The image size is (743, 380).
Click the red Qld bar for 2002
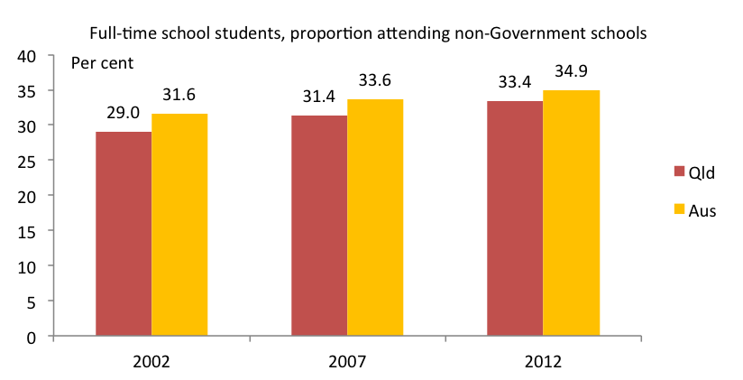point(123,235)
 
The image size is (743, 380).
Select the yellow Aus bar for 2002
point(179,226)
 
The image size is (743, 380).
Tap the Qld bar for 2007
point(318,227)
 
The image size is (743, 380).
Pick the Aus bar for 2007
point(374,218)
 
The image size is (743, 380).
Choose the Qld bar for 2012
point(514,219)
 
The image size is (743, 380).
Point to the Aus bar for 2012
point(570,214)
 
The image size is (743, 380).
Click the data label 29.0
point(123,116)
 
